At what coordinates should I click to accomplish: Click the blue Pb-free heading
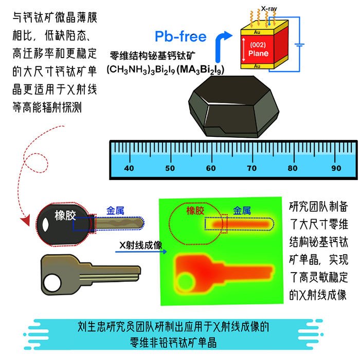(x=181, y=37)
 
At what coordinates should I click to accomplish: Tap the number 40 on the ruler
(x=129, y=168)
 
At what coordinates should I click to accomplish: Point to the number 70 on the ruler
(x=251, y=168)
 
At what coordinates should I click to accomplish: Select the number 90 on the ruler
(x=336, y=168)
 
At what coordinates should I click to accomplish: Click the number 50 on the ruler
(x=170, y=168)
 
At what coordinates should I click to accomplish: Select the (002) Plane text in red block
(x=258, y=50)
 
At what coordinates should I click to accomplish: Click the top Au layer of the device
(x=258, y=32)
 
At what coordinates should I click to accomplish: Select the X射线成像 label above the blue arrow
(x=138, y=244)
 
